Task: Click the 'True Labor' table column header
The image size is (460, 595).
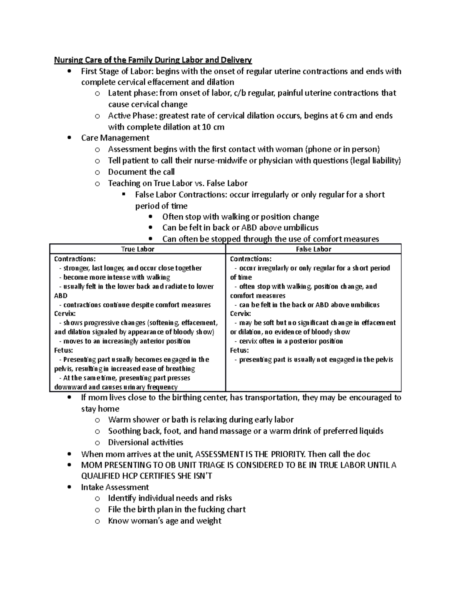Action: pos(138,249)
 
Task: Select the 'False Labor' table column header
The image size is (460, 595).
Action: pos(314,249)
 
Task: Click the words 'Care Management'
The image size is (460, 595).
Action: pos(115,138)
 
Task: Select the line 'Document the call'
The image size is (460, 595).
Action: pos(141,172)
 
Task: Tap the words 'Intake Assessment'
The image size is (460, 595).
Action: pos(115,487)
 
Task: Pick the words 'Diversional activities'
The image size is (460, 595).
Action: pos(146,443)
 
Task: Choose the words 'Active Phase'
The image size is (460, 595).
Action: pos(132,116)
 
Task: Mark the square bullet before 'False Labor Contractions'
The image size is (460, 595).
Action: pos(123,194)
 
